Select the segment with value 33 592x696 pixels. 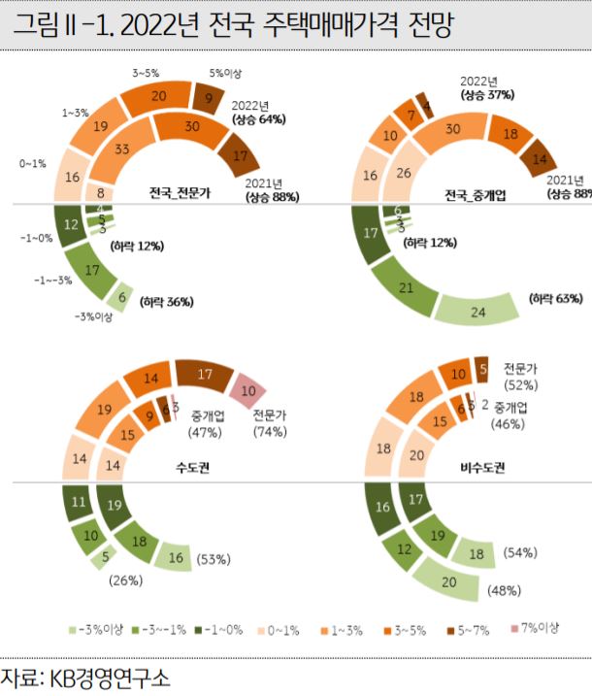tap(122, 149)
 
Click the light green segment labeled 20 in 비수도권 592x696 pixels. tap(449, 581)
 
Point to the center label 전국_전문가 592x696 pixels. tap(179, 192)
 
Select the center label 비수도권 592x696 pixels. tap(481, 467)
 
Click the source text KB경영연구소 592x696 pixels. tap(107, 675)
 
